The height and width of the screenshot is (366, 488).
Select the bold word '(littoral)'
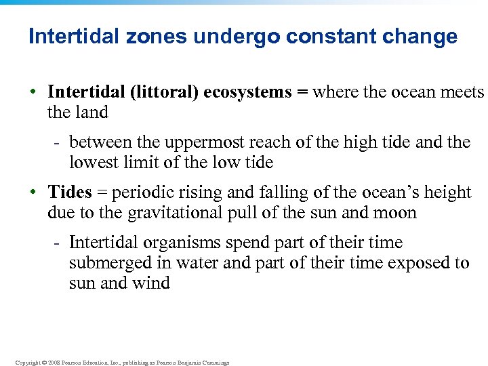[x=165, y=92]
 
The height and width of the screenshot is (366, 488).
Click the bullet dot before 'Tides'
[x=33, y=192]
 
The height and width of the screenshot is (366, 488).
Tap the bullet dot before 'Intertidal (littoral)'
[x=33, y=92]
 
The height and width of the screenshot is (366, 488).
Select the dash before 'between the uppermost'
[x=58, y=142]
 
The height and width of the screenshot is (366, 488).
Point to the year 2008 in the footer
[x=52, y=363]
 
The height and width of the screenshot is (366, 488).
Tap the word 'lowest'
[x=90, y=163]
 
